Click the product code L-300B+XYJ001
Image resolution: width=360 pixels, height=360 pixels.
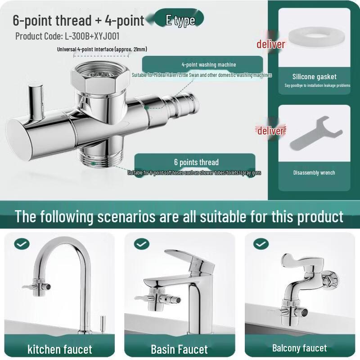point(67,36)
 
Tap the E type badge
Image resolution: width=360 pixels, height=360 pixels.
point(180,20)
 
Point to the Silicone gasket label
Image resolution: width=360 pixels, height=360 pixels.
point(314,76)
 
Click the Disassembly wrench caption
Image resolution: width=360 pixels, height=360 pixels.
point(314,172)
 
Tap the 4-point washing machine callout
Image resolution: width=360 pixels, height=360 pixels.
point(202,64)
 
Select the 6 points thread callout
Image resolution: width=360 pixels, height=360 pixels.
point(196,162)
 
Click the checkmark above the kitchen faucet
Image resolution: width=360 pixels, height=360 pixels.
point(21,244)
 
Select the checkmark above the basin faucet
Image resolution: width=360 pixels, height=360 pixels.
point(141,244)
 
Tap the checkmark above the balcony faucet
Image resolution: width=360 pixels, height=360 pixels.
point(261,244)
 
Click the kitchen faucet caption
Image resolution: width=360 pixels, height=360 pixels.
point(59,349)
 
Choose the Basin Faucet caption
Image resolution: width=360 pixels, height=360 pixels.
point(179,349)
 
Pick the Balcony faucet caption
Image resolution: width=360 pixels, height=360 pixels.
point(299,348)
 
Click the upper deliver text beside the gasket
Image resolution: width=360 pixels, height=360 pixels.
point(271,44)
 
